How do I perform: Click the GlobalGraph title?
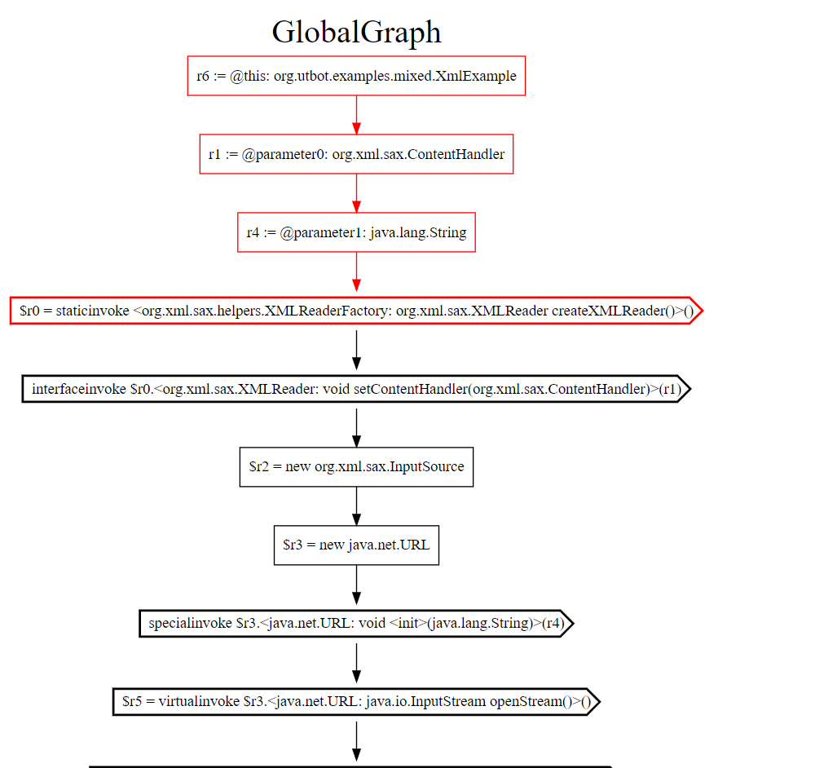357,33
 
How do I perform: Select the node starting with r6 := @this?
357,76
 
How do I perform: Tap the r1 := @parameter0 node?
357,154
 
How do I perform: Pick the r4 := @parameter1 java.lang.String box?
357,232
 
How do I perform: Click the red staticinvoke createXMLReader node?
357,311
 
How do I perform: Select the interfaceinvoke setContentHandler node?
357,389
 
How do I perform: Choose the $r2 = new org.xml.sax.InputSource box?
357,467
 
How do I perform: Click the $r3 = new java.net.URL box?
357,545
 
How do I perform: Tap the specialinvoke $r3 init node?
357,624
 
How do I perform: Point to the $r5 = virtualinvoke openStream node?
357,701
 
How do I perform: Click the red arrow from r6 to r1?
357,115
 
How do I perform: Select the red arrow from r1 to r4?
357,193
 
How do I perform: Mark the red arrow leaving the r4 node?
357,272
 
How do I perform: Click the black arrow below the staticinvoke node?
357,350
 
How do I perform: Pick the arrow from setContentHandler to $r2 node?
357,428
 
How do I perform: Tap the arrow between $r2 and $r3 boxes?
357,506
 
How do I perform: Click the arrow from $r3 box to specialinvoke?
357,585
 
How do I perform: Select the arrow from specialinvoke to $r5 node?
357,663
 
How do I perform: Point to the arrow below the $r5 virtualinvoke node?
357,741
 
